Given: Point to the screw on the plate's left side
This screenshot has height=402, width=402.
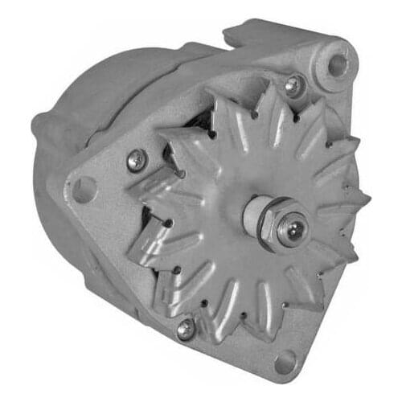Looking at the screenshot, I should pos(137,160).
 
